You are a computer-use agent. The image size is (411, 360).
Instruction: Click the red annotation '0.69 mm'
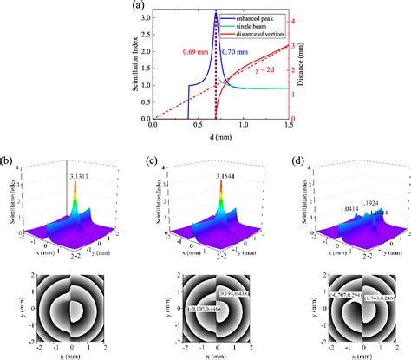pos(194,52)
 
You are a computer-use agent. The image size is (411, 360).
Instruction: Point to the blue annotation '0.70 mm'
pos(238,52)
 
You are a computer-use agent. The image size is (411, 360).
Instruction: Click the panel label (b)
pos(8,161)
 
